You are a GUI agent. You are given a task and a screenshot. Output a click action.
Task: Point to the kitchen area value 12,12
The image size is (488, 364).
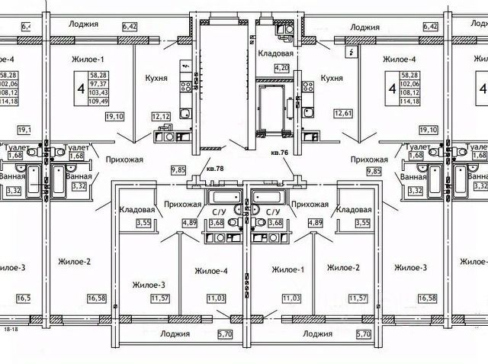(159, 116)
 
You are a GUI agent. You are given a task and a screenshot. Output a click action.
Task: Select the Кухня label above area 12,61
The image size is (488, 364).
(332, 78)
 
